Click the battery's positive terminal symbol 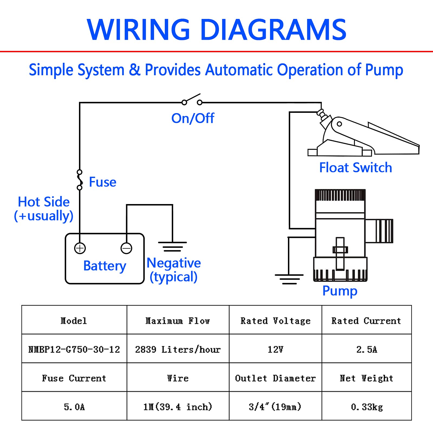click(80, 248)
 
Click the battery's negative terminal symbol click(126, 248)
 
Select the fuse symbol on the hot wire click(80, 180)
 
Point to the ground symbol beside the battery click(172, 247)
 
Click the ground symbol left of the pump click(289, 279)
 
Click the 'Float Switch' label click(356, 168)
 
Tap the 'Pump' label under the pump click(340, 291)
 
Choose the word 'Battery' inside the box click(105, 266)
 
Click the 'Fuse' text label click(103, 182)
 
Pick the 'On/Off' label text click(193, 118)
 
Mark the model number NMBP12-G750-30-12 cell click(74, 349)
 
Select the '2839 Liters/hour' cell click(178, 349)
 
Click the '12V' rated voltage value click(275, 349)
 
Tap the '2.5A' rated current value click(367, 349)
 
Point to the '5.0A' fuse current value click(74, 407)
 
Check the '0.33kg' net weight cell click(367, 407)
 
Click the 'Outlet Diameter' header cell click(275, 378)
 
